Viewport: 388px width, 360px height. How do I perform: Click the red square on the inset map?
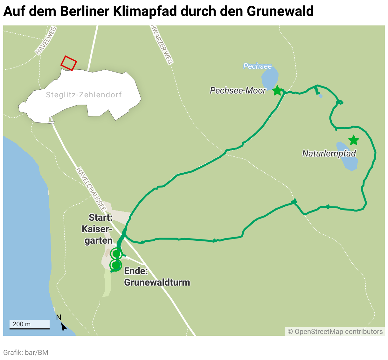coord(69,63)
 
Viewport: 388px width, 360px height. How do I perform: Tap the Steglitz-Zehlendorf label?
coord(84,95)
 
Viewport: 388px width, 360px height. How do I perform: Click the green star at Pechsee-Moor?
coord(277,90)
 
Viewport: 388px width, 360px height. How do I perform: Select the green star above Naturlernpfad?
coord(353,140)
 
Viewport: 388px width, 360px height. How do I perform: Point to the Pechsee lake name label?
coord(257,66)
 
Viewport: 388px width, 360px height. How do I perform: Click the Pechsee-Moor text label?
coord(238,91)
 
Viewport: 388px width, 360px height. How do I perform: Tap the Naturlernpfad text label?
coord(329,154)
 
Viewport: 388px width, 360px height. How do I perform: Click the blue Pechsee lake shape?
coord(270,78)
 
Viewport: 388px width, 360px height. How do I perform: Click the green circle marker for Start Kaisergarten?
coord(116,254)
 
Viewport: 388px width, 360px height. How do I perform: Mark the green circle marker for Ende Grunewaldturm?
coord(116,265)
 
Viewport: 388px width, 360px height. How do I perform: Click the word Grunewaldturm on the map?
coord(157,282)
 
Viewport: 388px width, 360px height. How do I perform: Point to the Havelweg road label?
coord(46,40)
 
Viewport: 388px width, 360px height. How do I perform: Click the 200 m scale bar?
coord(29,324)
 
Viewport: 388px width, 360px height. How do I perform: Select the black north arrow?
coord(63,326)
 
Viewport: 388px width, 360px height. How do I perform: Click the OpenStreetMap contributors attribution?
coord(335,332)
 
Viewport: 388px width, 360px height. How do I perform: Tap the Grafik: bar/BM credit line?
coord(26,352)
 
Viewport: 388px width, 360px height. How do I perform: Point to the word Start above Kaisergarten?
coord(100,218)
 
